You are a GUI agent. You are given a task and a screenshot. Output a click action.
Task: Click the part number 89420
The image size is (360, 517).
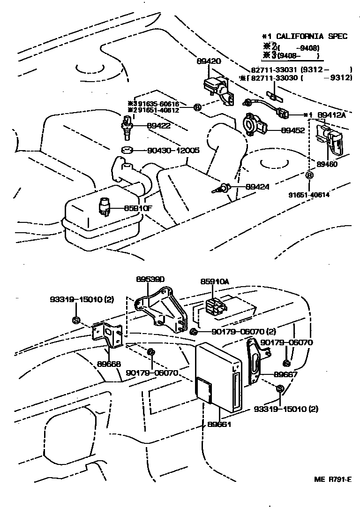pyautogui.click(x=209, y=61)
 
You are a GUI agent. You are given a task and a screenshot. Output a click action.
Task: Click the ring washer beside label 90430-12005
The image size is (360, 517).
pyautogui.click(x=125, y=151)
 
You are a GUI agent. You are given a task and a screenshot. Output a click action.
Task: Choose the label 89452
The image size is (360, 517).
pyautogui.click(x=292, y=130)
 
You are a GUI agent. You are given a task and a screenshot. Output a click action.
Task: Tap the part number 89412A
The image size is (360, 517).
pyautogui.click(x=331, y=115)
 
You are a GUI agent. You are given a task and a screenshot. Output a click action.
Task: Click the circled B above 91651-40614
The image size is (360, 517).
pyautogui.click(x=309, y=175)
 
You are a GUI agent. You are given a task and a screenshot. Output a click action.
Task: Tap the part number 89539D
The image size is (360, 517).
pyautogui.click(x=146, y=278)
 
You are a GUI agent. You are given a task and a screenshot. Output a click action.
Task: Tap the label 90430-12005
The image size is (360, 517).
pyautogui.click(x=173, y=151)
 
